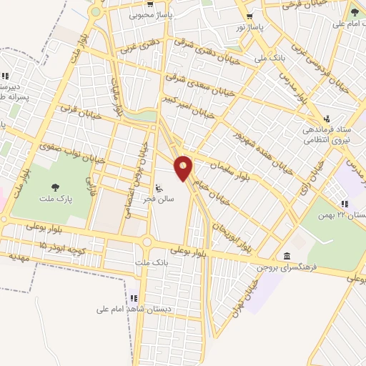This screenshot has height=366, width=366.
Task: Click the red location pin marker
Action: click(x=184, y=167)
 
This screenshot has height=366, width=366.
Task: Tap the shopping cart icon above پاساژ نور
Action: click(x=249, y=16)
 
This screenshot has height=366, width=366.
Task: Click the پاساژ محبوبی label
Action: click(x=149, y=14)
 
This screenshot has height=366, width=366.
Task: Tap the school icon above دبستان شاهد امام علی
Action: click(x=134, y=298)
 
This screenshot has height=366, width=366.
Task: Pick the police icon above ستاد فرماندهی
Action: click(x=327, y=119)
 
